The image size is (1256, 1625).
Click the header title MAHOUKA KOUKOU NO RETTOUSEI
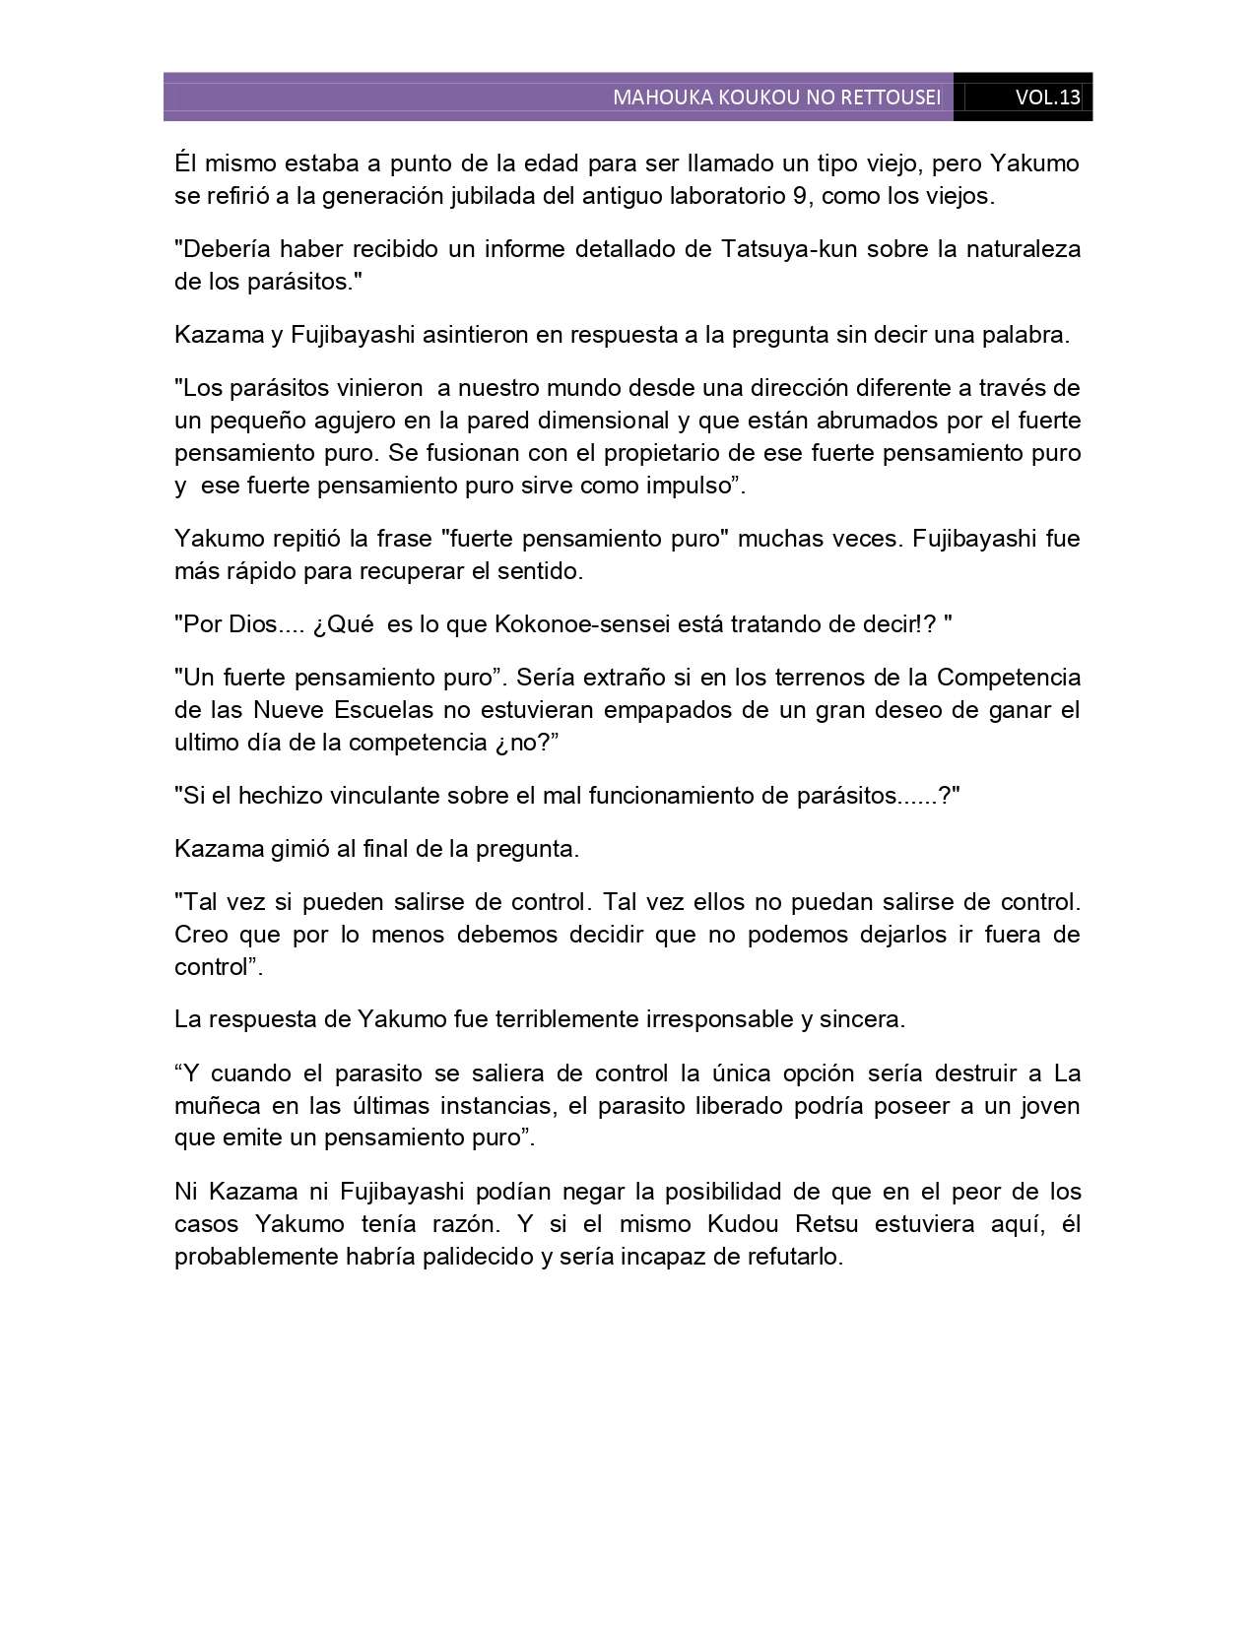(776, 97)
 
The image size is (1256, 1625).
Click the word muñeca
(213, 1105)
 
